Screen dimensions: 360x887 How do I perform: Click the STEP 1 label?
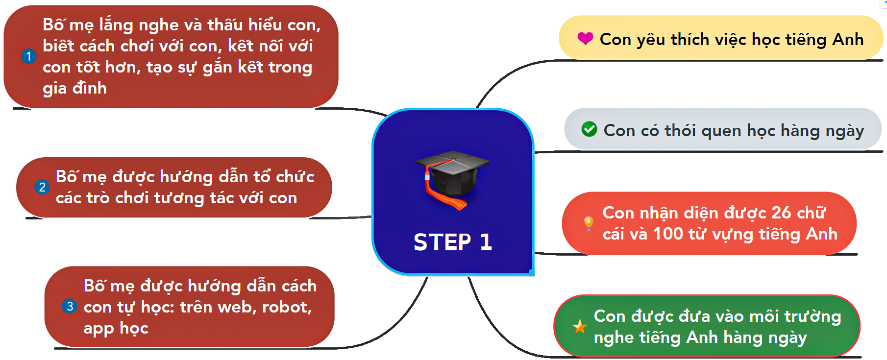coord(452,242)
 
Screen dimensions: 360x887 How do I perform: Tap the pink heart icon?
coord(585,38)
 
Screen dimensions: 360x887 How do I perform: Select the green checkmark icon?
coord(589,129)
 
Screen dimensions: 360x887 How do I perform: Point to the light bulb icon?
coord(589,223)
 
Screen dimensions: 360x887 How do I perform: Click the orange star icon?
coord(580,326)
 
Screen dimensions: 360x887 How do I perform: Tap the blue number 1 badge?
coord(28,56)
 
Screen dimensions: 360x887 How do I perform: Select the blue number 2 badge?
coord(42,187)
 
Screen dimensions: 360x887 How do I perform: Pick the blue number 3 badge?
coord(70,307)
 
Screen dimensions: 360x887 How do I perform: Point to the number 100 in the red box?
coord(668,234)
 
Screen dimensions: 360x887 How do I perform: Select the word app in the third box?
coord(99,329)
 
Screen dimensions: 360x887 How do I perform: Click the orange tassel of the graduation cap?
coord(443,196)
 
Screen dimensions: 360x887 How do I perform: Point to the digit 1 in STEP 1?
coord(486,242)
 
